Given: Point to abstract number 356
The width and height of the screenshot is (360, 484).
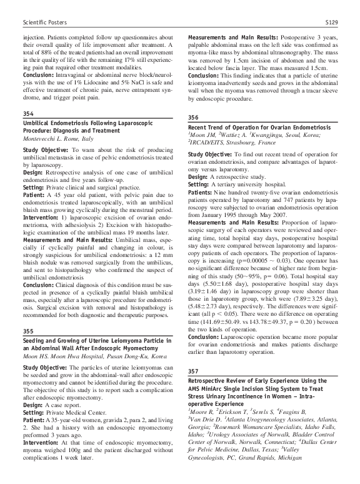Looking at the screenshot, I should coord(193,118).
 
